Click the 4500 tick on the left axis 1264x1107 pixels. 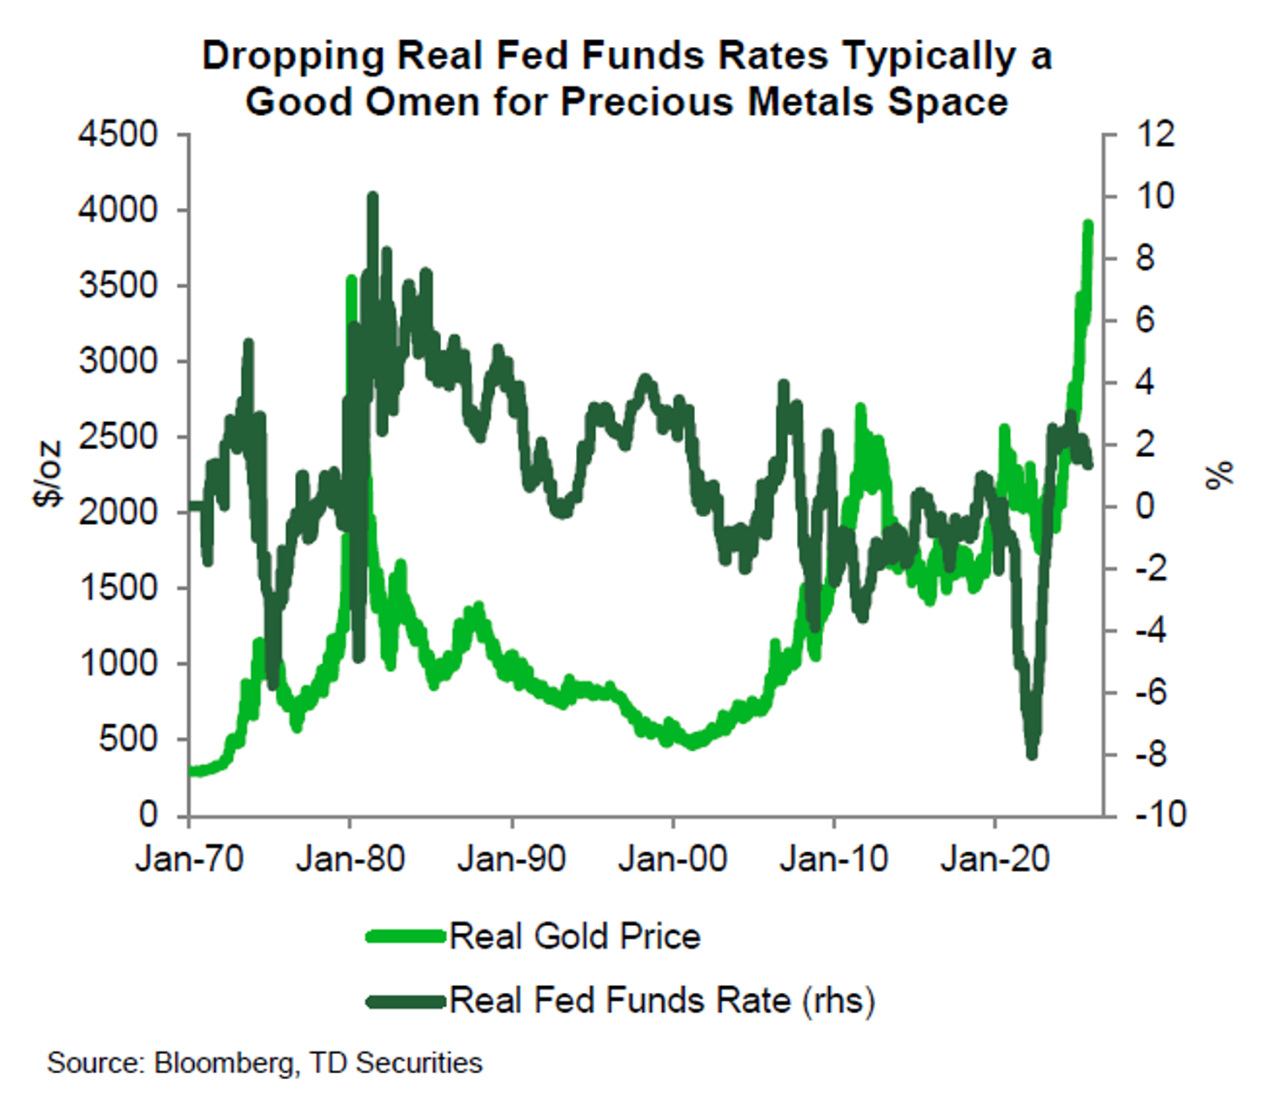pyautogui.click(x=118, y=135)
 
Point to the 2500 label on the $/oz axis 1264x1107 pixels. pyautogui.click(x=118, y=437)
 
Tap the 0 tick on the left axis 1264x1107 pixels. pyautogui.click(x=148, y=815)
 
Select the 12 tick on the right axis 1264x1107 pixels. pyautogui.click(x=1154, y=135)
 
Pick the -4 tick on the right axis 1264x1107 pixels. pyautogui.click(x=1154, y=630)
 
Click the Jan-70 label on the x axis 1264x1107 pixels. pyautogui.click(x=190, y=860)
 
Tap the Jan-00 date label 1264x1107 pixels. pyautogui.click(x=672, y=860)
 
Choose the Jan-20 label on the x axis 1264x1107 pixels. pyautogui.click(x=995, y=860)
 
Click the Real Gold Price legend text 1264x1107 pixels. pyautogui.click(x=575, y=936)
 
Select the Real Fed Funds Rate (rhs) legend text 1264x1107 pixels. pyautogui.click(x=662, y=1000)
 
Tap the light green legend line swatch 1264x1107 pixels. pyautogui.click(x=405, y=936)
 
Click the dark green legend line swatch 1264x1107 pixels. pyautogui.click(x=405, y=1001)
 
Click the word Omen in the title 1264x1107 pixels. pyautogui.click(x=421, y=102)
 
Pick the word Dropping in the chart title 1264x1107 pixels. pyautogui.click(x=293, y=57)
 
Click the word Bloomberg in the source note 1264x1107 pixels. pyautogui.click(x=224, y=1063)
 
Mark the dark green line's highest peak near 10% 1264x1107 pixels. pyautogui.click(x=372, y=197)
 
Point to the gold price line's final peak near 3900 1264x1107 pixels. pyautogui.click(x=1087, y=225)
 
